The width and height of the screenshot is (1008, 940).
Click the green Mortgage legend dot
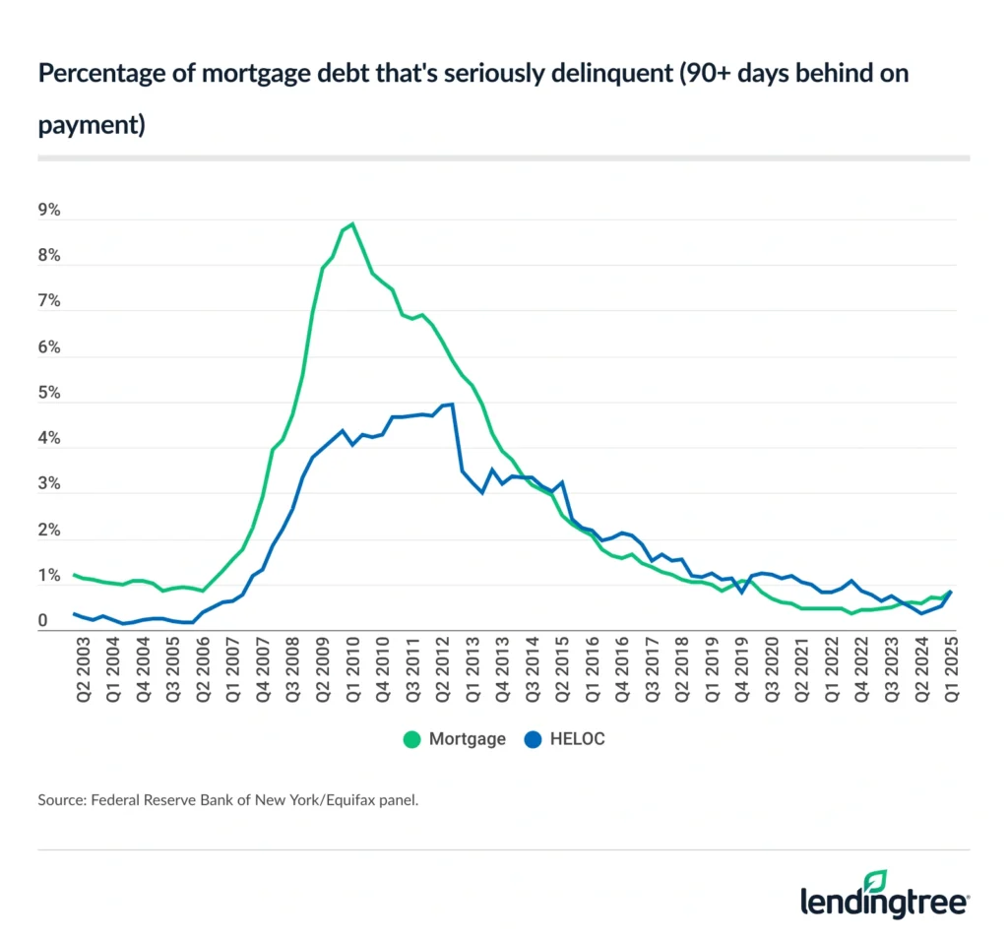[x=410, y=739]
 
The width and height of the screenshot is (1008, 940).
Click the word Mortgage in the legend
[x=467, y=739]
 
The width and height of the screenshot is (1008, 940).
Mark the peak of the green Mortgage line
[x=352, y=223]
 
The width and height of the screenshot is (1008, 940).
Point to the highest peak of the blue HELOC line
[x=450, y=404]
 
